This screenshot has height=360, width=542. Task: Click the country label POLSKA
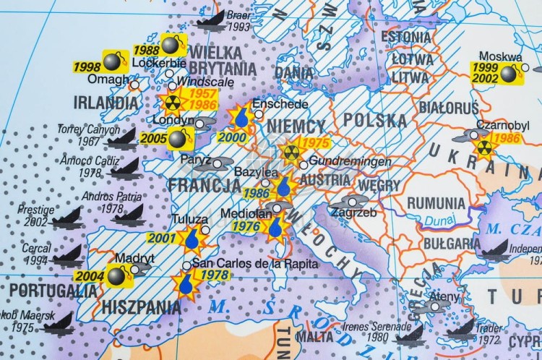pyautogui.click(x=375, y=119)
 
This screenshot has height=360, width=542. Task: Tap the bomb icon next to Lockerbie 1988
pyautogui.click(x=171, y=46)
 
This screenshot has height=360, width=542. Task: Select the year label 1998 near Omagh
pyautogui.click(x=86, y=65)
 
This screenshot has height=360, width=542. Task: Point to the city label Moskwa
pyautogui.click(x=499, y=57)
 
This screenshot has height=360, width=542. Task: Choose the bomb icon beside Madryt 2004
pyautogui.click(x=117, y=275)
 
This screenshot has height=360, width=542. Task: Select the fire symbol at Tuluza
pyautogui.click(x=192, y=238)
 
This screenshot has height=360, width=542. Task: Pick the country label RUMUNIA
pyautogui.click(x=436, y=202)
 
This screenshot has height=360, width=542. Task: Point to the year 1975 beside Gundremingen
pyautogui.click(x=315, y=143)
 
